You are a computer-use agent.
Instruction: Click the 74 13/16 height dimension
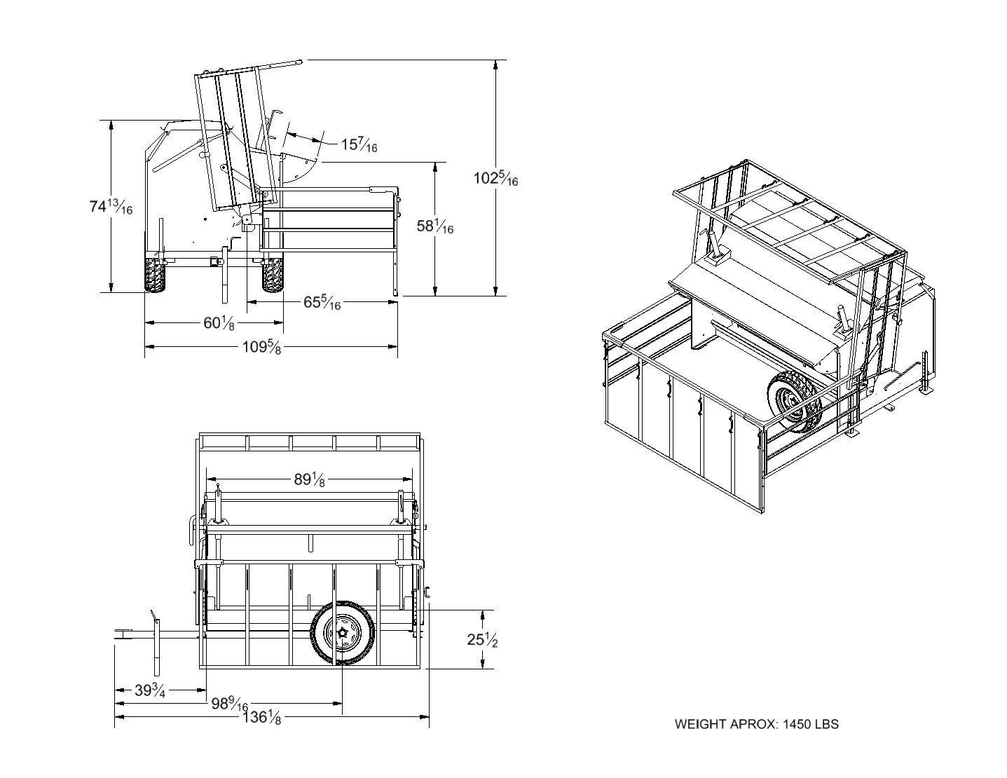click(x=111, y=207)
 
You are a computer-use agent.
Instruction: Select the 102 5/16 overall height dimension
click(x=495, y=178)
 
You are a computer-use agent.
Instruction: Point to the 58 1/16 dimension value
click(x=434, y=226)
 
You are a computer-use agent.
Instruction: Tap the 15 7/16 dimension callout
click(x=359, y=145)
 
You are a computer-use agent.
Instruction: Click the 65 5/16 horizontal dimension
click(x=322, y=302)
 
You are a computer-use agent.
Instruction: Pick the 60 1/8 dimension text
click(x=219, y=323)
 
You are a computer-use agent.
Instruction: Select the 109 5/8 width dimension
click(x=261, y=346)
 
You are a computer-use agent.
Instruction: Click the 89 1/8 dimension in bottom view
click(x=309, y=480)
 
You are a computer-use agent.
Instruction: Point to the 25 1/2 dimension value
click(x=482, y=640)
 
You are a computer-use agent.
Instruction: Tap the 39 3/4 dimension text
click(x=150, y=691)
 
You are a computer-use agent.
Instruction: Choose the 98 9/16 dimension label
click(x=229, y=704)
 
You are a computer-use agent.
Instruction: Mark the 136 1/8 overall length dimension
click(x=261, y=717)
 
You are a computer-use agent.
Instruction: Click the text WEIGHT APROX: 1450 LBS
click(x=756, y=724)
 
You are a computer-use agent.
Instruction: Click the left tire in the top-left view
click(x=156, y=275)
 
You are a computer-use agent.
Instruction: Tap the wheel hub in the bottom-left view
click(x=343, y=632)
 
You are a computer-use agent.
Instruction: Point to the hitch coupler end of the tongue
click(x=123, y=635)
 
